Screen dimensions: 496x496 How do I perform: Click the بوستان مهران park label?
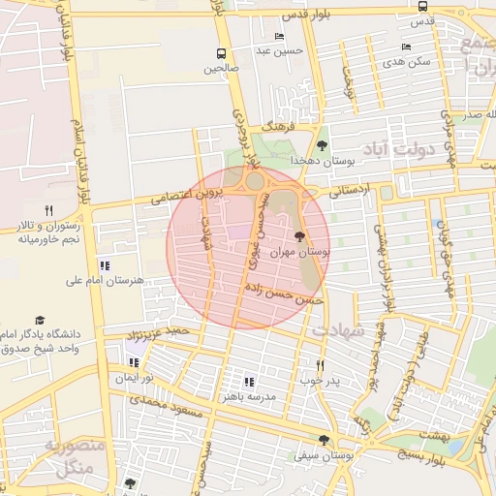point(299,251)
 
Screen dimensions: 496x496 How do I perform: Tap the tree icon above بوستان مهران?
point(299,235)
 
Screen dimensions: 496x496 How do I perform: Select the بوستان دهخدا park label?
point(324,161)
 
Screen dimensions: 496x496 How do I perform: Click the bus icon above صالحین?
point(222,53)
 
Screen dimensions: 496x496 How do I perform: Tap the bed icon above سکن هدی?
point(406,46)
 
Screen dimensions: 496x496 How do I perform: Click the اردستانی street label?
point(349,191)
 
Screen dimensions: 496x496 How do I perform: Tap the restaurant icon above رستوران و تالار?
point(48,209)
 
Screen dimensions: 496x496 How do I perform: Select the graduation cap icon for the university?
point(40,320)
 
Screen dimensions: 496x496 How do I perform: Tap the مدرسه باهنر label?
point(248,396)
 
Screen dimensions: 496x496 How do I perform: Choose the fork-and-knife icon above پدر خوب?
point(320,365)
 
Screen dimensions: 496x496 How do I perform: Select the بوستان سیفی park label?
point(325,452)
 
